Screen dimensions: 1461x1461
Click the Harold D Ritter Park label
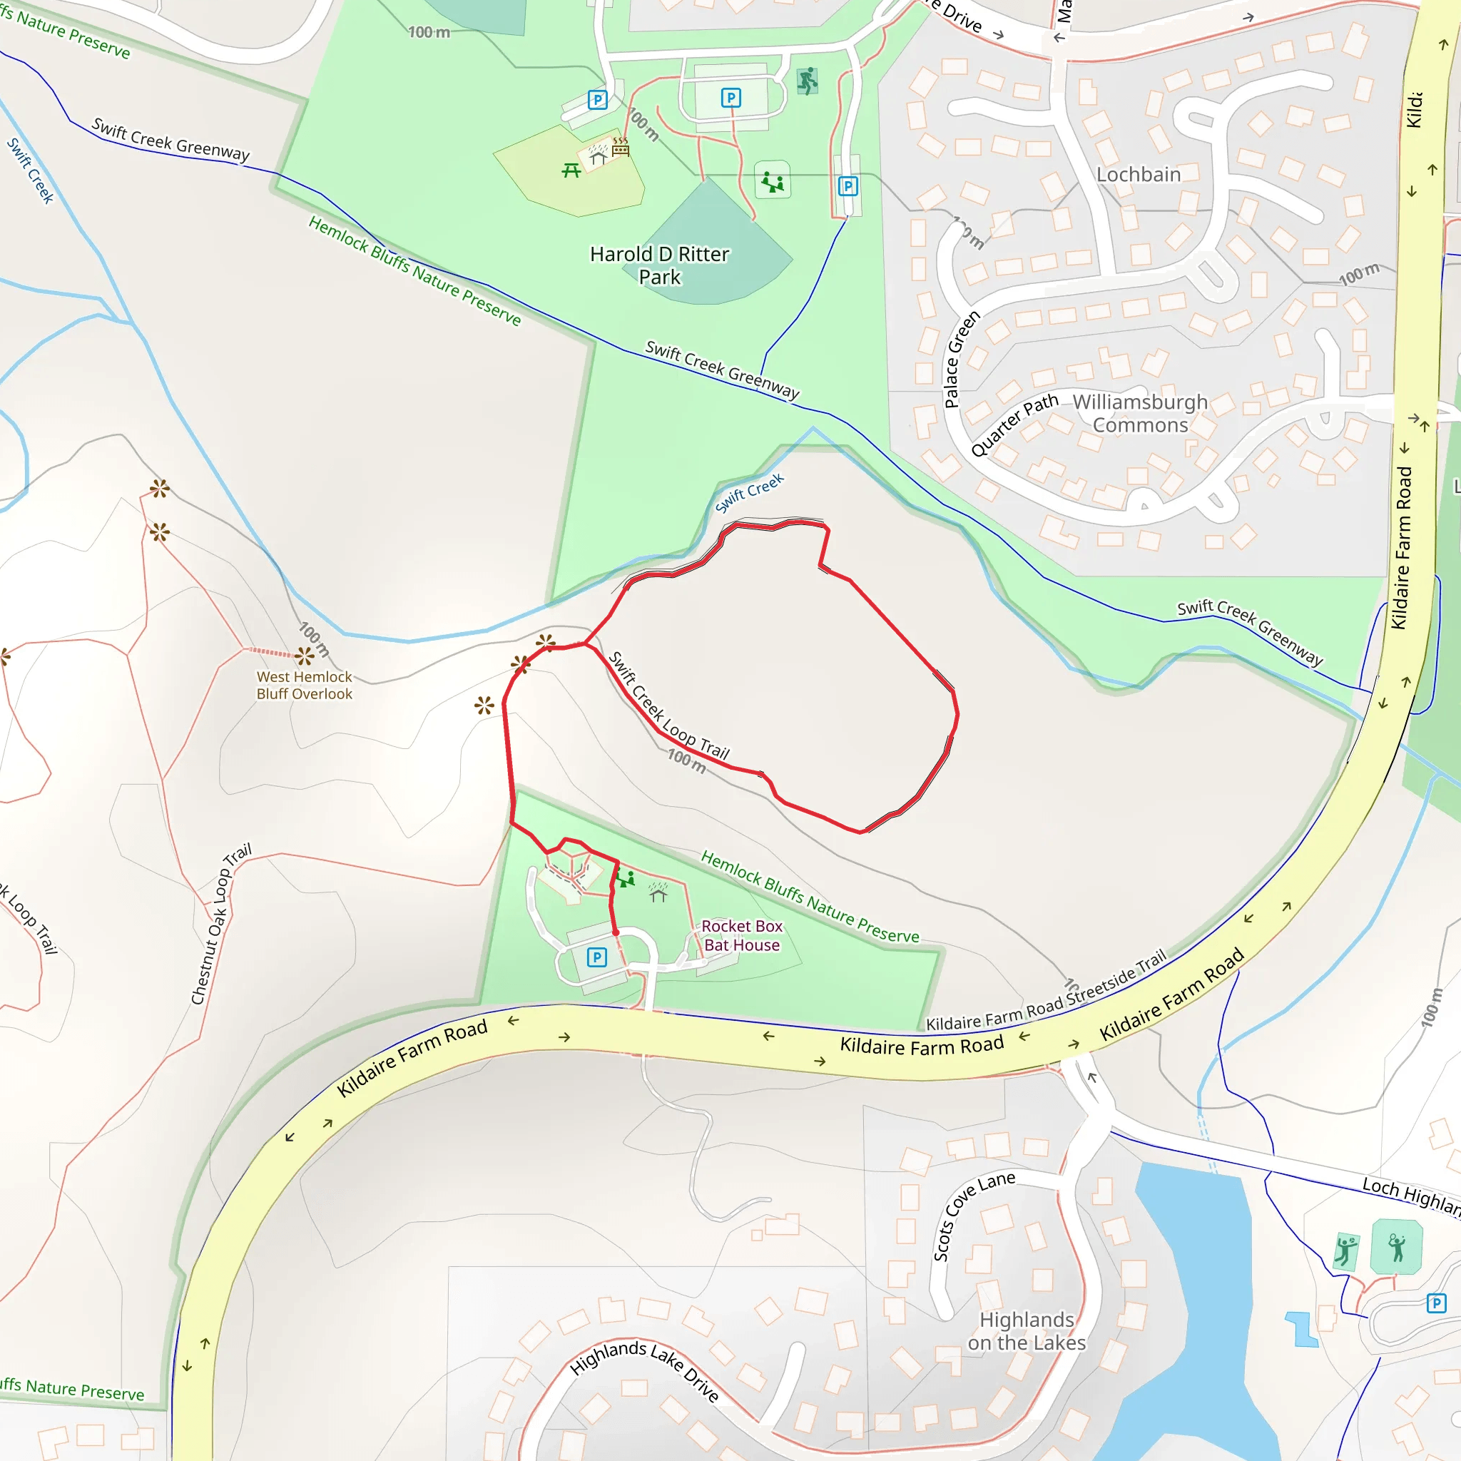659,265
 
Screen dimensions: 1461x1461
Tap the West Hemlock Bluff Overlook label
304,685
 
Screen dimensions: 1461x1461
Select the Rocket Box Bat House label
741,935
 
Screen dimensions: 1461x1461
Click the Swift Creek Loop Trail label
668,705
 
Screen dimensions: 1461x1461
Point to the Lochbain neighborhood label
1138,175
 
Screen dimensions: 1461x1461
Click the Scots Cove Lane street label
973,1215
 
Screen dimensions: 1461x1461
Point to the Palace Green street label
961,360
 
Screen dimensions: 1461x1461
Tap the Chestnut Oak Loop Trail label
220,923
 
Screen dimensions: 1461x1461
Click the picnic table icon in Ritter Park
571,171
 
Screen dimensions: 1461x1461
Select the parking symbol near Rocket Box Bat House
596,957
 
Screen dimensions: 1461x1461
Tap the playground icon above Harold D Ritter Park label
772,181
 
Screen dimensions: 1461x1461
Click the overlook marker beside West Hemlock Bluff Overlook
304,655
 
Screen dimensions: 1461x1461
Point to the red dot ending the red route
616,932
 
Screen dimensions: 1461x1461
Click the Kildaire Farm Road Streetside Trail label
1047,991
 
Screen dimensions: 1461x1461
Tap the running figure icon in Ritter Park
808,80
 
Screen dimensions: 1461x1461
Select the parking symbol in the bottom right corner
1436,1303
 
